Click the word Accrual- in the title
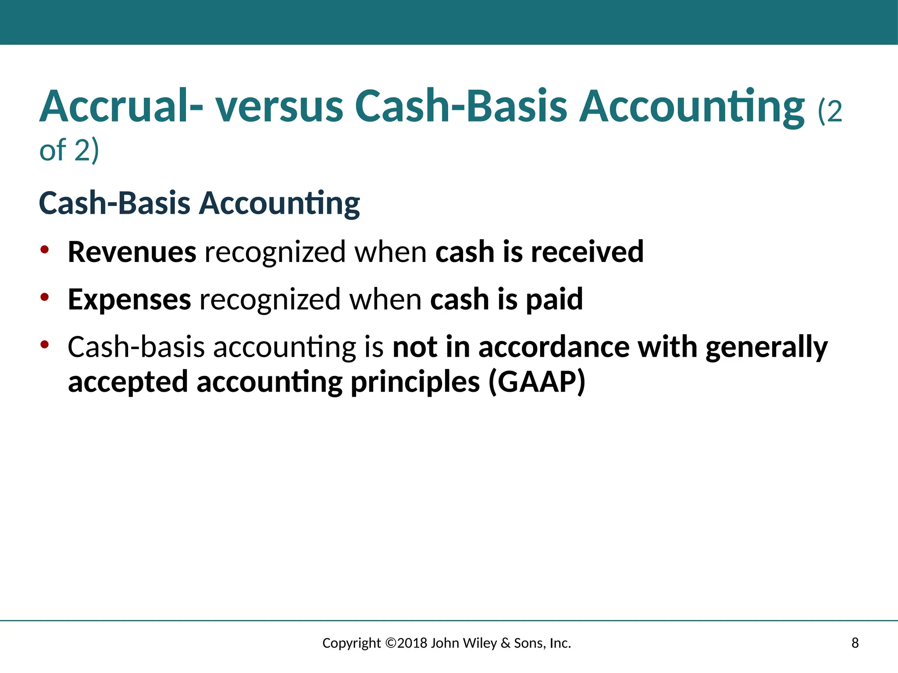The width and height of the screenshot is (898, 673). tap(121, 106)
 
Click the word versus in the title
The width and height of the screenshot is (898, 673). tap(279, 106)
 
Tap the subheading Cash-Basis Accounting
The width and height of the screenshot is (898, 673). tap(200, 203)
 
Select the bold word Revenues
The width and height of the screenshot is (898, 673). tap(132, 252)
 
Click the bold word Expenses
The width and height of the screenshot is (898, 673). tap(129, 299)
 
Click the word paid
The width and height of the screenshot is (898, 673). tap(554, 299)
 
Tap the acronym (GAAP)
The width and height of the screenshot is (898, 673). tap(537, 382)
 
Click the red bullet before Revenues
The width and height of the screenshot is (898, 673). tap(44, 250)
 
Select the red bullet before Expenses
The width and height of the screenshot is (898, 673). tap(44, 297)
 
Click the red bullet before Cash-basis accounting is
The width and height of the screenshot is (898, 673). tap(44, 344)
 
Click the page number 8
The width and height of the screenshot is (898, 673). tap(855, 643)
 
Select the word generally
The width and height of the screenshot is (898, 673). tap(766, 347)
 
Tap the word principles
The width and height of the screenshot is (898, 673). tap(415, 382)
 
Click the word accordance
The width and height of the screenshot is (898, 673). tap(553, 347)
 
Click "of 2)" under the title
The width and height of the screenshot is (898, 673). tap(69, 150)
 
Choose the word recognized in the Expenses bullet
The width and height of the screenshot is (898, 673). tap(270, 299)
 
